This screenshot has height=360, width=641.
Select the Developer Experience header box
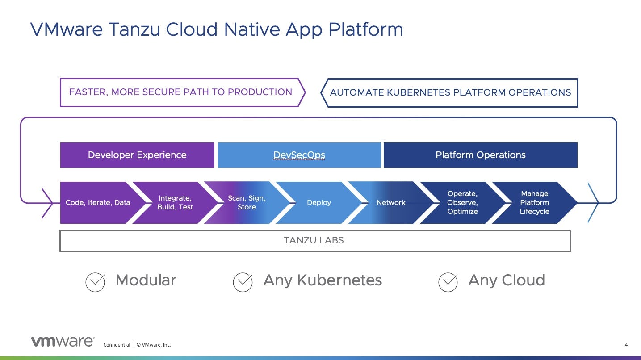click(x=137, y=155)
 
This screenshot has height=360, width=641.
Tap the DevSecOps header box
click(x=299, y=155)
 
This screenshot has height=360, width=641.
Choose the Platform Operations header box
click(x=480, y=155)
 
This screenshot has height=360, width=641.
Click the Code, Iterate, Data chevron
click(x=97, y=203)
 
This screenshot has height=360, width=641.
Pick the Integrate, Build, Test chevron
click(x=175, y=203)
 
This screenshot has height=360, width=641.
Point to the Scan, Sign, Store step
click(x=247, y=203)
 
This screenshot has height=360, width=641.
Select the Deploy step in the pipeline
click(x=319, y=203)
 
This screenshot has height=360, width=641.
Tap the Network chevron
click(x=391, y=203)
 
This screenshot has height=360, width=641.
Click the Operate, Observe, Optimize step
click(x=463, y=203)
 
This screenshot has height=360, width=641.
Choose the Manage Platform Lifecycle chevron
click(x=535, y=203)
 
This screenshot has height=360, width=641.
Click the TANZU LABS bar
click(x=315, y=240)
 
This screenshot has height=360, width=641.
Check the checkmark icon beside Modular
click(x=95, y=282)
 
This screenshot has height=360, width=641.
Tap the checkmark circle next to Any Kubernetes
click(x=243, y=282)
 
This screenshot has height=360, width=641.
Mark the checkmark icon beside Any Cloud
click(x=448, y=282)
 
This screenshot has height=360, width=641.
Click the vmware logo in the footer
click(x=63, y=342)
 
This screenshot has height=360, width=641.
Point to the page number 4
click(x=626, y=345)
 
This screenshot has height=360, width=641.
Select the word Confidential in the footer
click(x=117, y=345)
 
